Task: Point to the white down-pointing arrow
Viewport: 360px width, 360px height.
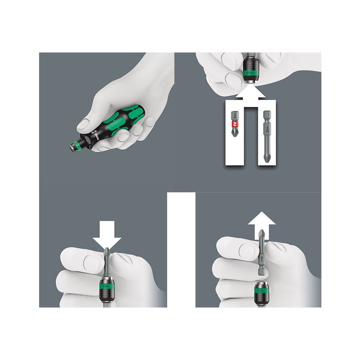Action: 107,236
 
